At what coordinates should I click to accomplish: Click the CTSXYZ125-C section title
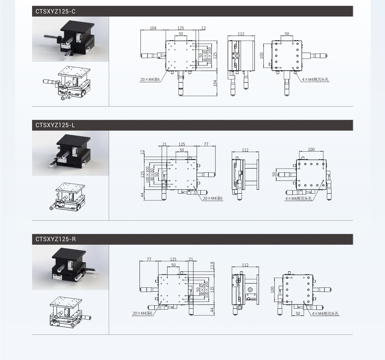56,12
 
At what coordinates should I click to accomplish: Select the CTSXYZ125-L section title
55,125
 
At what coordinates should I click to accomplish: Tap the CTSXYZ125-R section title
56,239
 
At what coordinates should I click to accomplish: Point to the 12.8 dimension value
212,266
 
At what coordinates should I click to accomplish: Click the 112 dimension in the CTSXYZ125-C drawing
241,34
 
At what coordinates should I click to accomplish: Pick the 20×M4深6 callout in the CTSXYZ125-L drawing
213,198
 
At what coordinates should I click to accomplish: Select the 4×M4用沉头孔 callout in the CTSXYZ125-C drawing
315,79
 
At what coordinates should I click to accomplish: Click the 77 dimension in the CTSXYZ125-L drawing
206,144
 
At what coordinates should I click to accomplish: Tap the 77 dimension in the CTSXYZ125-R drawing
149,259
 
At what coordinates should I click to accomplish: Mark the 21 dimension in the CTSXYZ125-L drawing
164,144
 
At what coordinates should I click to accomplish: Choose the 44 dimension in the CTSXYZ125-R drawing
212,310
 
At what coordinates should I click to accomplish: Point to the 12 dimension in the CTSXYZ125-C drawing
203,28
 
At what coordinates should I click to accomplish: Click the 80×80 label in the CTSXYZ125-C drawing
205,56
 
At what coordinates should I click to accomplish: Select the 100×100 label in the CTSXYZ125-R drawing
206,290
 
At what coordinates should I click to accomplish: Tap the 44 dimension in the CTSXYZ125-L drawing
142,195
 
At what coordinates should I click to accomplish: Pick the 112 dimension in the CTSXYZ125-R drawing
245,265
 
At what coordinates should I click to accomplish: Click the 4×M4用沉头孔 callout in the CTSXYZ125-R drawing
325,314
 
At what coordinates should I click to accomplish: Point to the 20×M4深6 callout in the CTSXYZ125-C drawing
150,80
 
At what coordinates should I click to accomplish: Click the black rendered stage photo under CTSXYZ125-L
70,153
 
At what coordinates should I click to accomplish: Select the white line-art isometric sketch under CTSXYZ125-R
70,312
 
